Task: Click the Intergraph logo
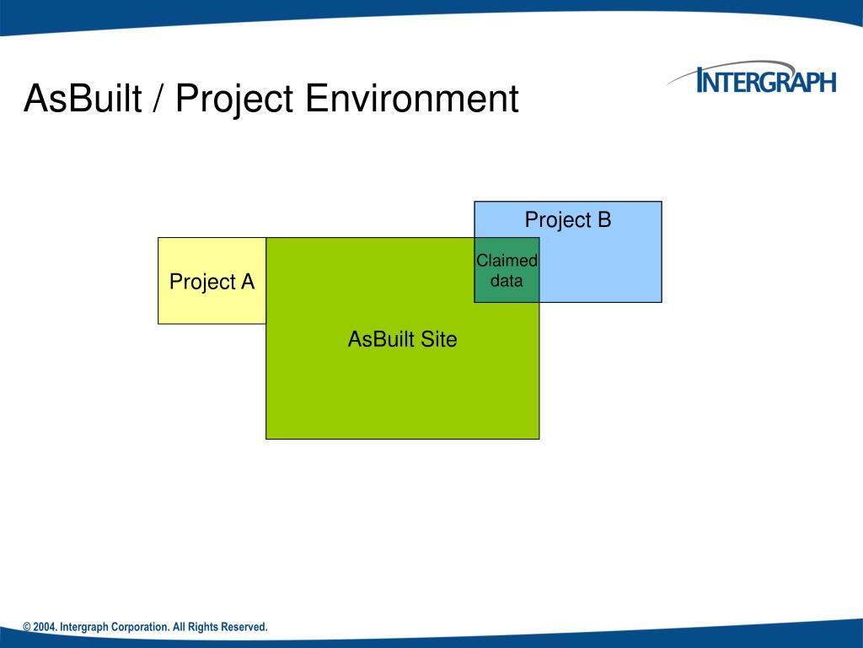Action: click(x=752, y=78)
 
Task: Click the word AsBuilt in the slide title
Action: click(x=83, y=99)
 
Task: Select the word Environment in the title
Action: click(x=411, y=99)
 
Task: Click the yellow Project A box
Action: click(x=212, y=280)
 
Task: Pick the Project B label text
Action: click(x=568, y=220)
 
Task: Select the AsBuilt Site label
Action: click(x=402, y=339)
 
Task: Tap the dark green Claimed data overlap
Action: click(x=507, y=270)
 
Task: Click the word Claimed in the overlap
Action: click(x=507, y=260)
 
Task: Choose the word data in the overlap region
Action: click(x=507, y=280)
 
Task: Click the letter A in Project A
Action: click(x=248, y=282)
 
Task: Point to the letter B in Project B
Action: click(x=603, y=219)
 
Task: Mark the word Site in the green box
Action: click(x=438, y=339)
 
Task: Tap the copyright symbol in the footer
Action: click(x=27, y=627)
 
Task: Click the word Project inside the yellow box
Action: click(x=202, y=282)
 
